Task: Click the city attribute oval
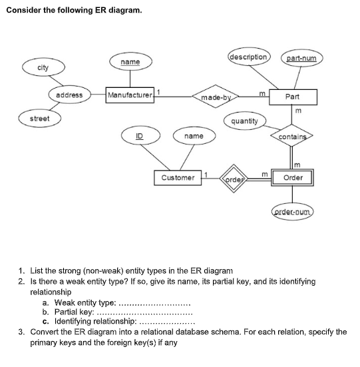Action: [43, 68]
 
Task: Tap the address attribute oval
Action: [69, 95]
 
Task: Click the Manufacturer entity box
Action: [130, 95]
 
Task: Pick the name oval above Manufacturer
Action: [130, 62]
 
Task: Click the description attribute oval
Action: [248, 57]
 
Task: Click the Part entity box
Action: [291, 97]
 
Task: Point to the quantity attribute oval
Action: [244, 121]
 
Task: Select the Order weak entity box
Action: [293, 178]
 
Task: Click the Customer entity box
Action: [178, 178]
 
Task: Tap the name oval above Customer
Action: [194, 136]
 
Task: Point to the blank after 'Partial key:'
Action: [145, 311]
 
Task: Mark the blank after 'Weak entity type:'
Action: [153, 302]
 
